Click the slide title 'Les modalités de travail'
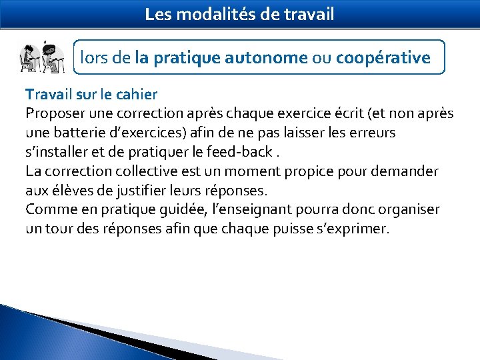tap(239, 14)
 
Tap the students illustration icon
tap(41, 57)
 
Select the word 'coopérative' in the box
tap(383, 58)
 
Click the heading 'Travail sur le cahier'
tap(91, 94)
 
